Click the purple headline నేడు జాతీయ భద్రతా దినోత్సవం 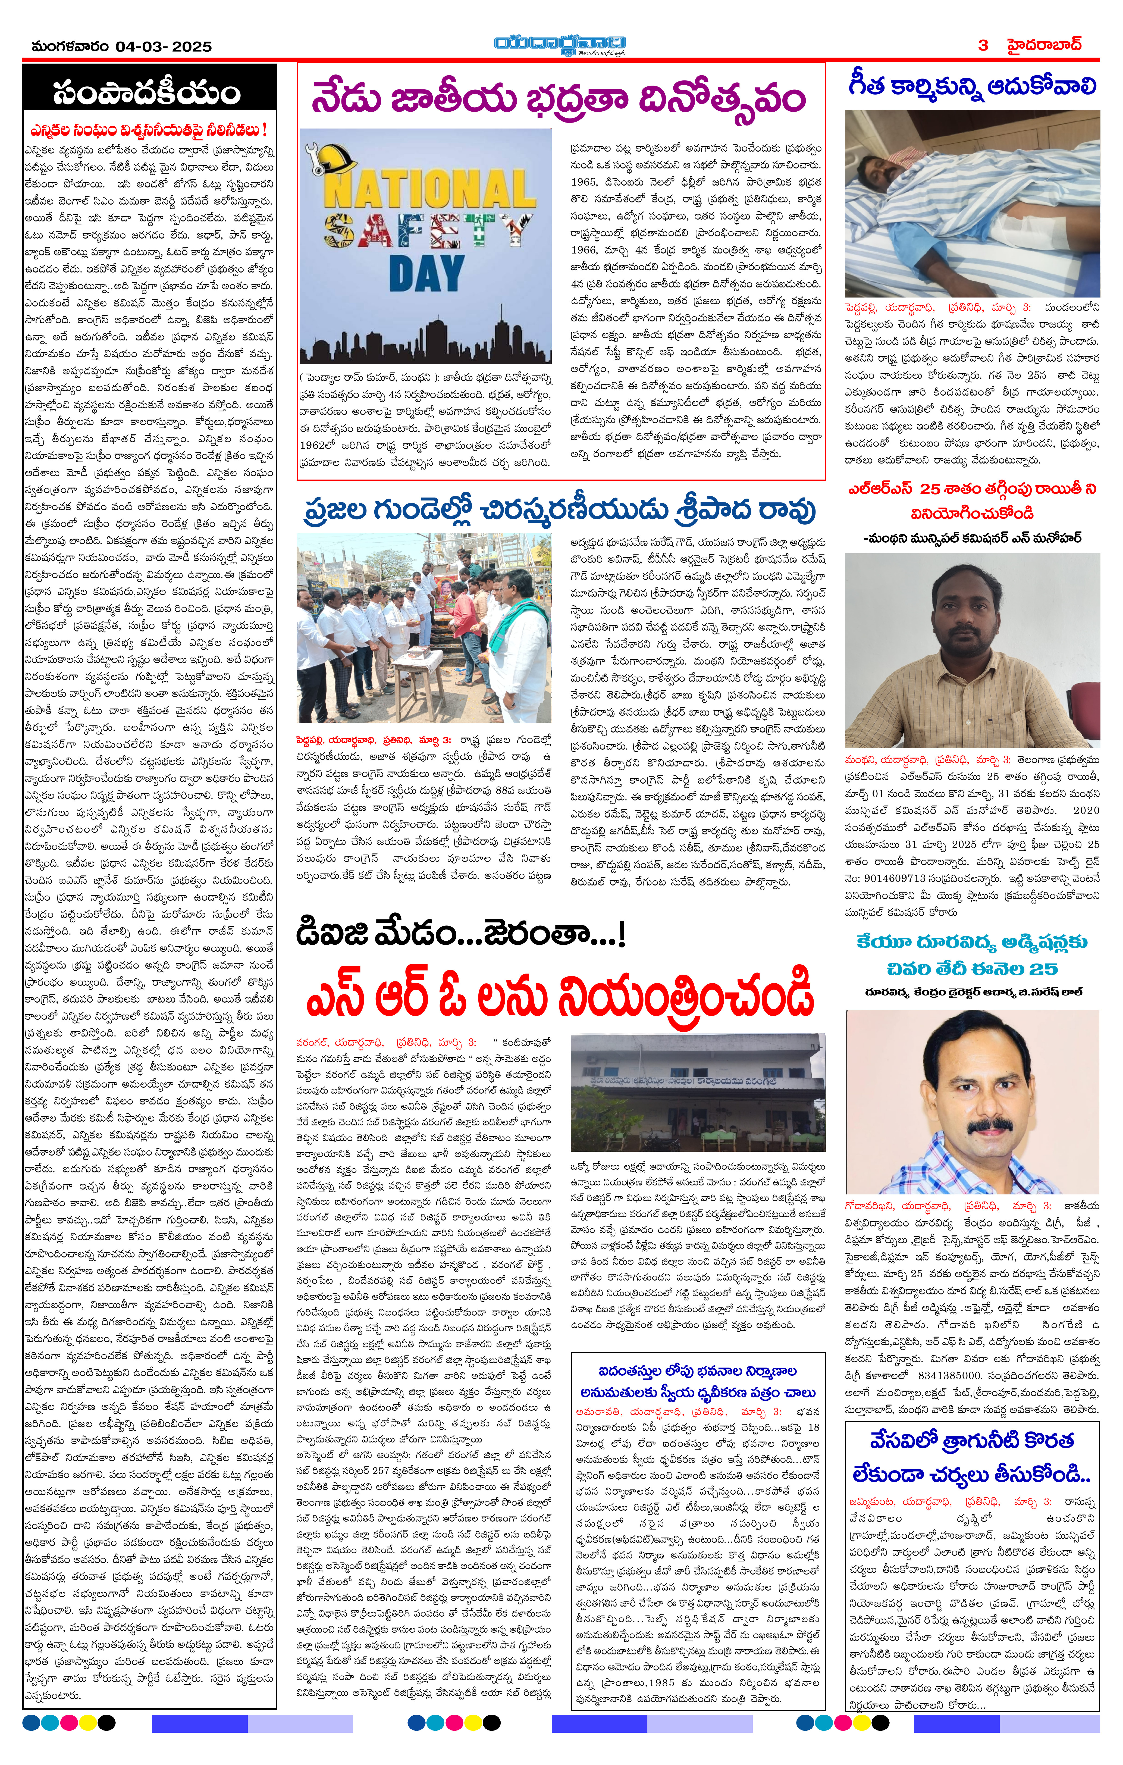pos(559,99)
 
